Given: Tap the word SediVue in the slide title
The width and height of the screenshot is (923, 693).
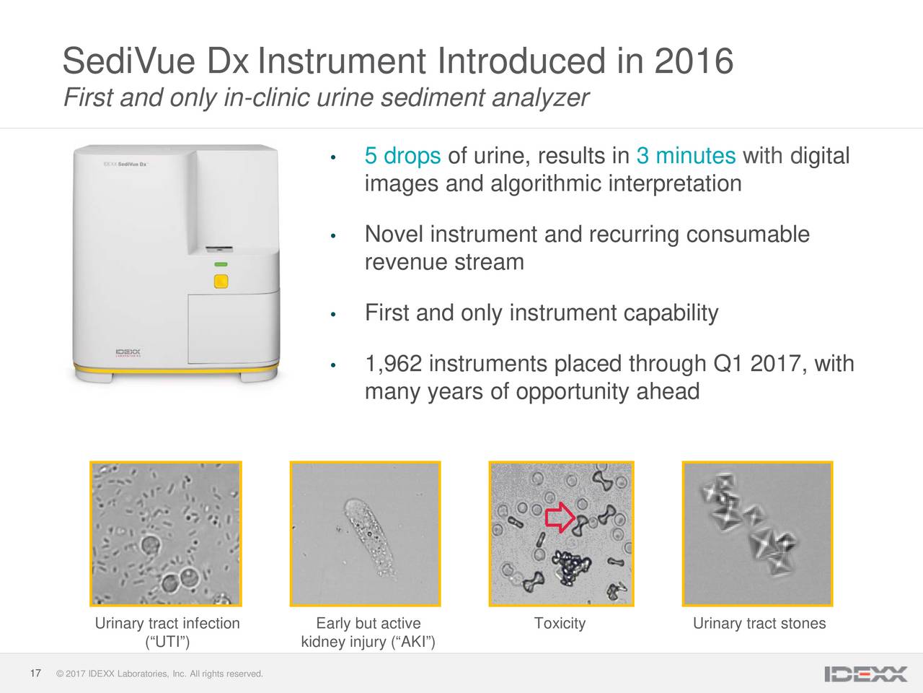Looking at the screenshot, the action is (129, 61).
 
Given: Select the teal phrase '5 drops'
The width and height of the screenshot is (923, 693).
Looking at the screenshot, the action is (402, 156).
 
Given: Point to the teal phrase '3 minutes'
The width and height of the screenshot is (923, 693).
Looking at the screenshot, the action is (686, 155).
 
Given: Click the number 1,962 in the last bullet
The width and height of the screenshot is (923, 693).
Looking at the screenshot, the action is (393, 364).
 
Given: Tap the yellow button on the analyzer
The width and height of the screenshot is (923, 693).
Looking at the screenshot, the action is (221, 281).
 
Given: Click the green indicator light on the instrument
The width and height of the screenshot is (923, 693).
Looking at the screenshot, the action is (221, 264).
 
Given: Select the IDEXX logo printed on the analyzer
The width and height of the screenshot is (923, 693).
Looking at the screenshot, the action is (128, 352).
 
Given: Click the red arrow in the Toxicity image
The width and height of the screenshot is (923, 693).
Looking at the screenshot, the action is (560, 517).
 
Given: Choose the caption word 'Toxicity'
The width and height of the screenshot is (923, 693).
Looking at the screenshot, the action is (560, 623).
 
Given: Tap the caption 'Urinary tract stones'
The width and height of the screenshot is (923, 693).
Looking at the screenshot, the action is (759, 623).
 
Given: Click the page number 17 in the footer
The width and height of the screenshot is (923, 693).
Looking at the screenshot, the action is (35, 674).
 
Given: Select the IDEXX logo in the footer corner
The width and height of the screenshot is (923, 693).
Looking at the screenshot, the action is (866, 674).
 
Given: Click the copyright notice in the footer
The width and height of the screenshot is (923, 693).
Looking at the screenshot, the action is (159, 674).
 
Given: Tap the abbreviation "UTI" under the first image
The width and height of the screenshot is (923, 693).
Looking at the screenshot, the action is (167, 642).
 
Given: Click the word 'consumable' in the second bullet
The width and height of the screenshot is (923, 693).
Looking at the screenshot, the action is (748, 234).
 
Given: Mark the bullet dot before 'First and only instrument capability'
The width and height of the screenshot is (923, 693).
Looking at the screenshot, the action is (333, 314).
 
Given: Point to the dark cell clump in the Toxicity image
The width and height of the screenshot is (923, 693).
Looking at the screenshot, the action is (572, 567).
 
